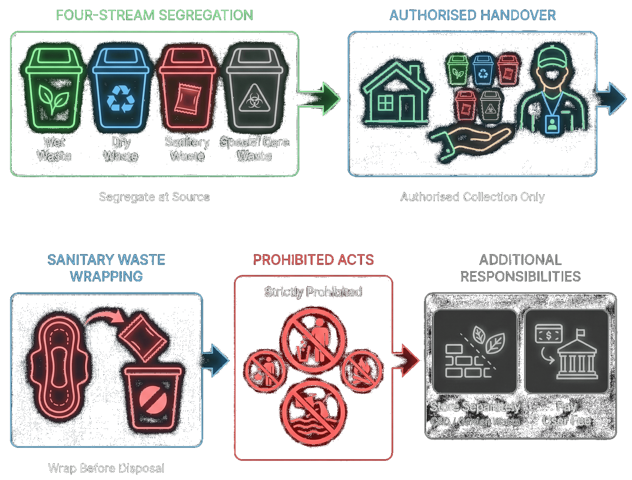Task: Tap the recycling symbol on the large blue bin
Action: click(121, 99)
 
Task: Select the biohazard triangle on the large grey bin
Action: click(254, 98)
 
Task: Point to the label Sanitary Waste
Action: click(187, 149)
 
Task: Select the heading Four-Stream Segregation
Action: click(154, 15)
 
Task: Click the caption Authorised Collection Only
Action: click(472, 197)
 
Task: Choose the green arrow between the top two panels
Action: click(320, 99)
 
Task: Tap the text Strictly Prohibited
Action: click(313, 292)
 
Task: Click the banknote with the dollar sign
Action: click(548, 334)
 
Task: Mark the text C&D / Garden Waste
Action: click(475, 421)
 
